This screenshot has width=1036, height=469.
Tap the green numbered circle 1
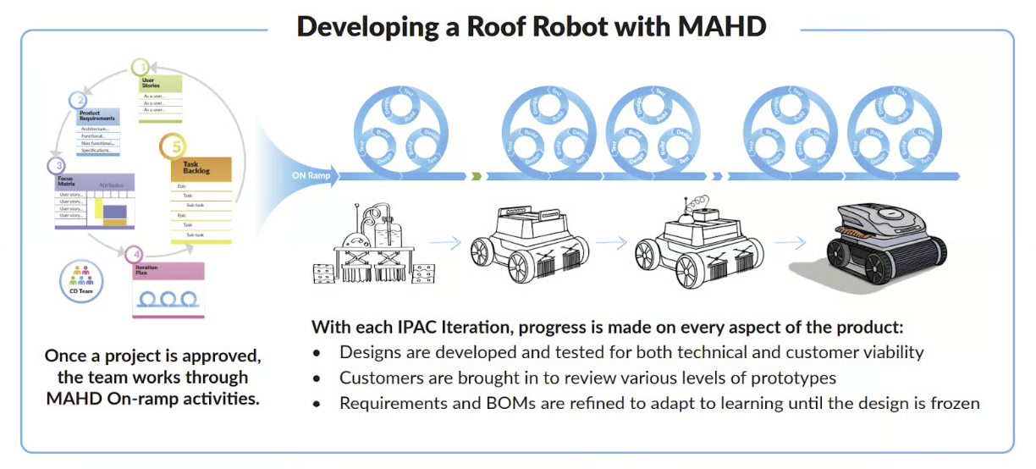pyautogui.click(x=143, y=67)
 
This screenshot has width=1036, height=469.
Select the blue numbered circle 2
pyautogui.click(x=77, y=100)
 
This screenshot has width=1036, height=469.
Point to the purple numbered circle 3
pyautogui.click(x=58, y=165)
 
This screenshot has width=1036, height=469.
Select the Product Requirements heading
pyautogui.click(x=96, y=116)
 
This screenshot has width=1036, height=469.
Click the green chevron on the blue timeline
pyautogui.click(x=477, y=177)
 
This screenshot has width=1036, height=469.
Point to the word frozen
pyautogui.click(x=954, y=403)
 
